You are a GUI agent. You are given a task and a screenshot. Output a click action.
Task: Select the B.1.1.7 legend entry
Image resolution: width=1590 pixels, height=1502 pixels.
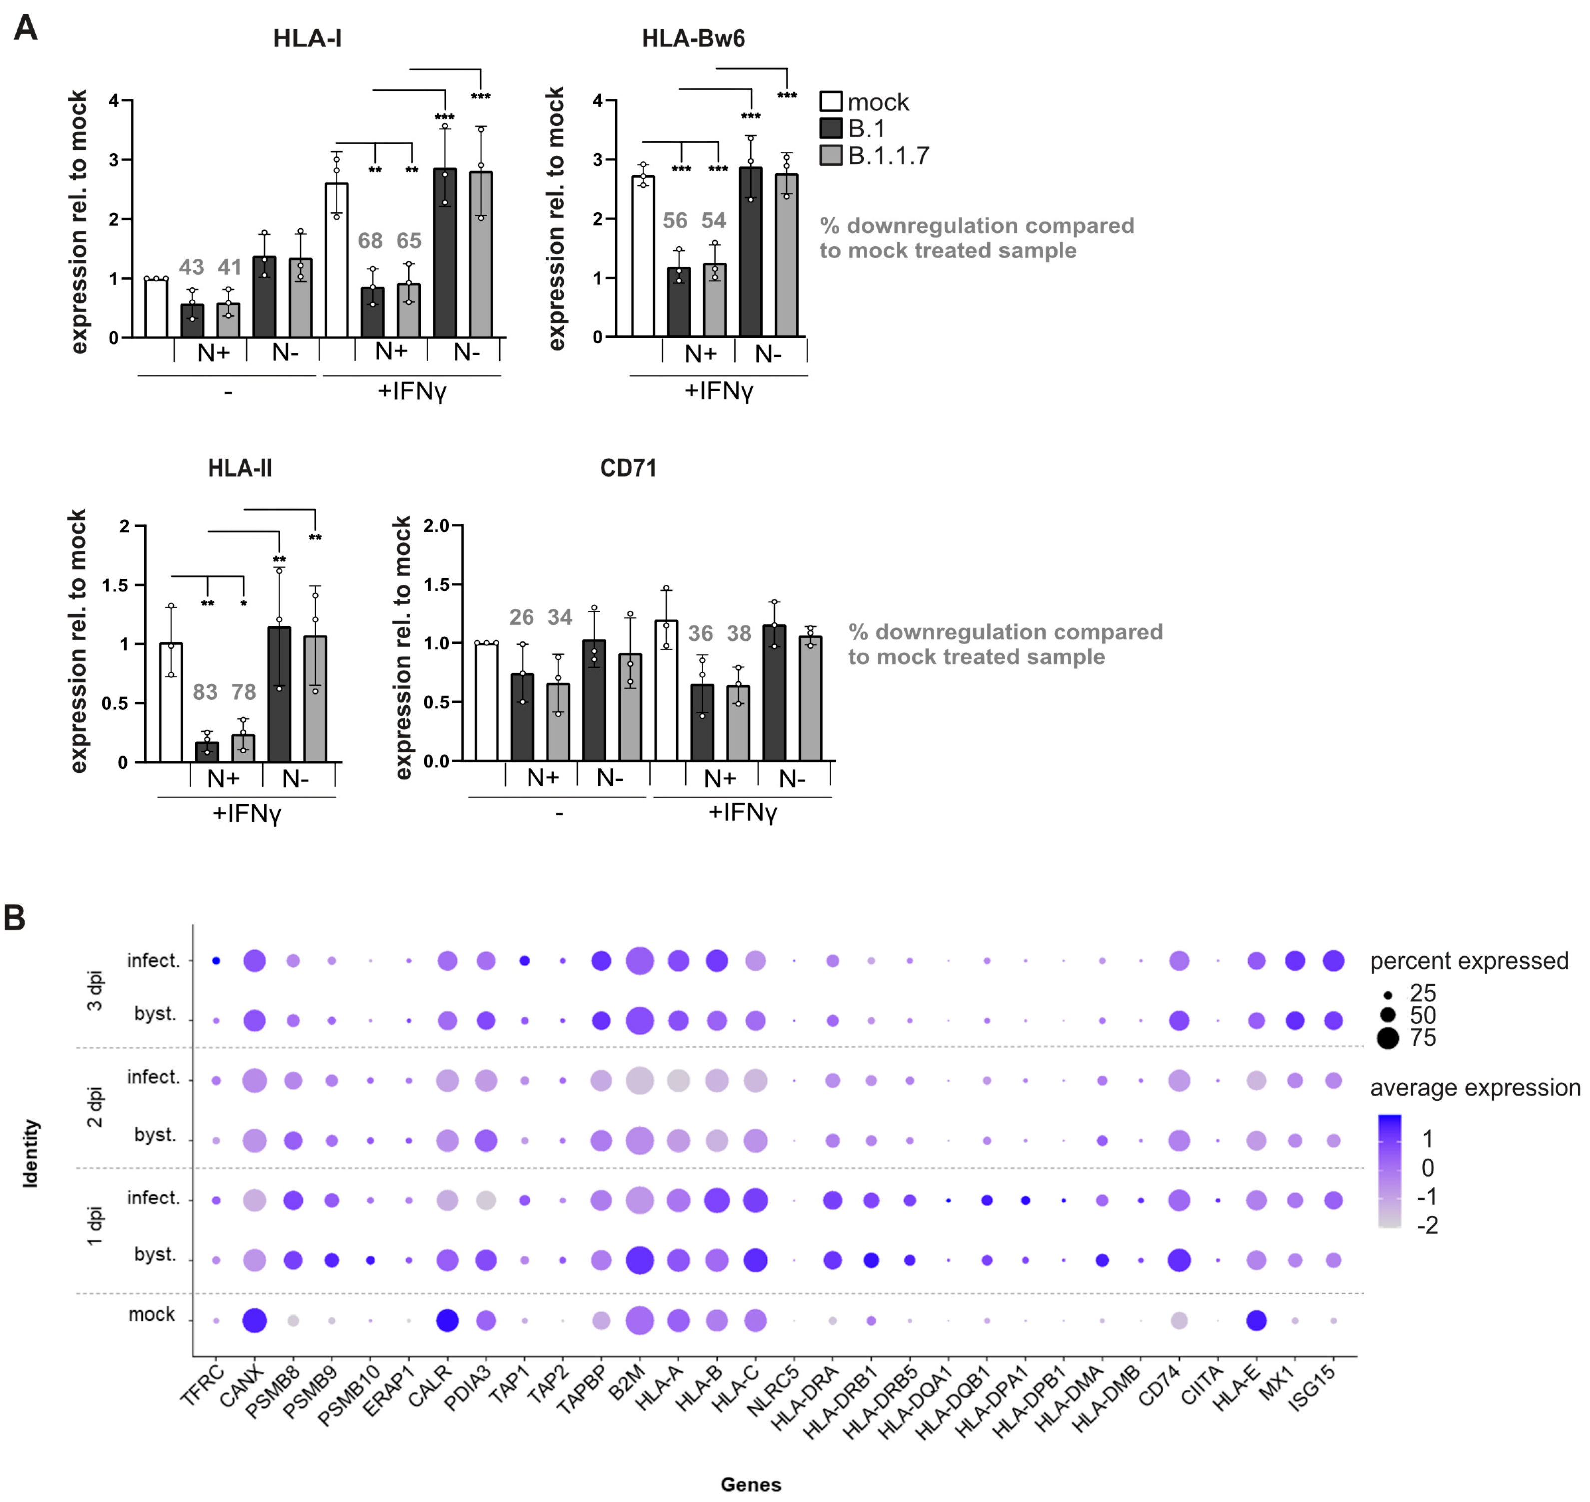(888, 155)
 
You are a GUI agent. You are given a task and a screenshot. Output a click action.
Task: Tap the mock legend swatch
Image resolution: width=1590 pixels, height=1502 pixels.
(831, 102)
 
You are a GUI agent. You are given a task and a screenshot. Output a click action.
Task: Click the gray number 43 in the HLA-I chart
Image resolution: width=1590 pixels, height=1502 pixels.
(191, 267)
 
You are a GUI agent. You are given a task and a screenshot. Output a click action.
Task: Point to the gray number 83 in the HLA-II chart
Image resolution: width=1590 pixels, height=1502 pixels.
(205, 692)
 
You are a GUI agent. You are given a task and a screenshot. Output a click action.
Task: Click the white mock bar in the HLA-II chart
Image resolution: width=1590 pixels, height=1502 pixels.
(171, 702)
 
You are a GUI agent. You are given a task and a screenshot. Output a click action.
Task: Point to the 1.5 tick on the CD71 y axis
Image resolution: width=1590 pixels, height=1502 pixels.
(437, 585)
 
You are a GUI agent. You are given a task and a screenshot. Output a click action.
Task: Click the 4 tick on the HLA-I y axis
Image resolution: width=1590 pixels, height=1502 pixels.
(114, 101)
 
